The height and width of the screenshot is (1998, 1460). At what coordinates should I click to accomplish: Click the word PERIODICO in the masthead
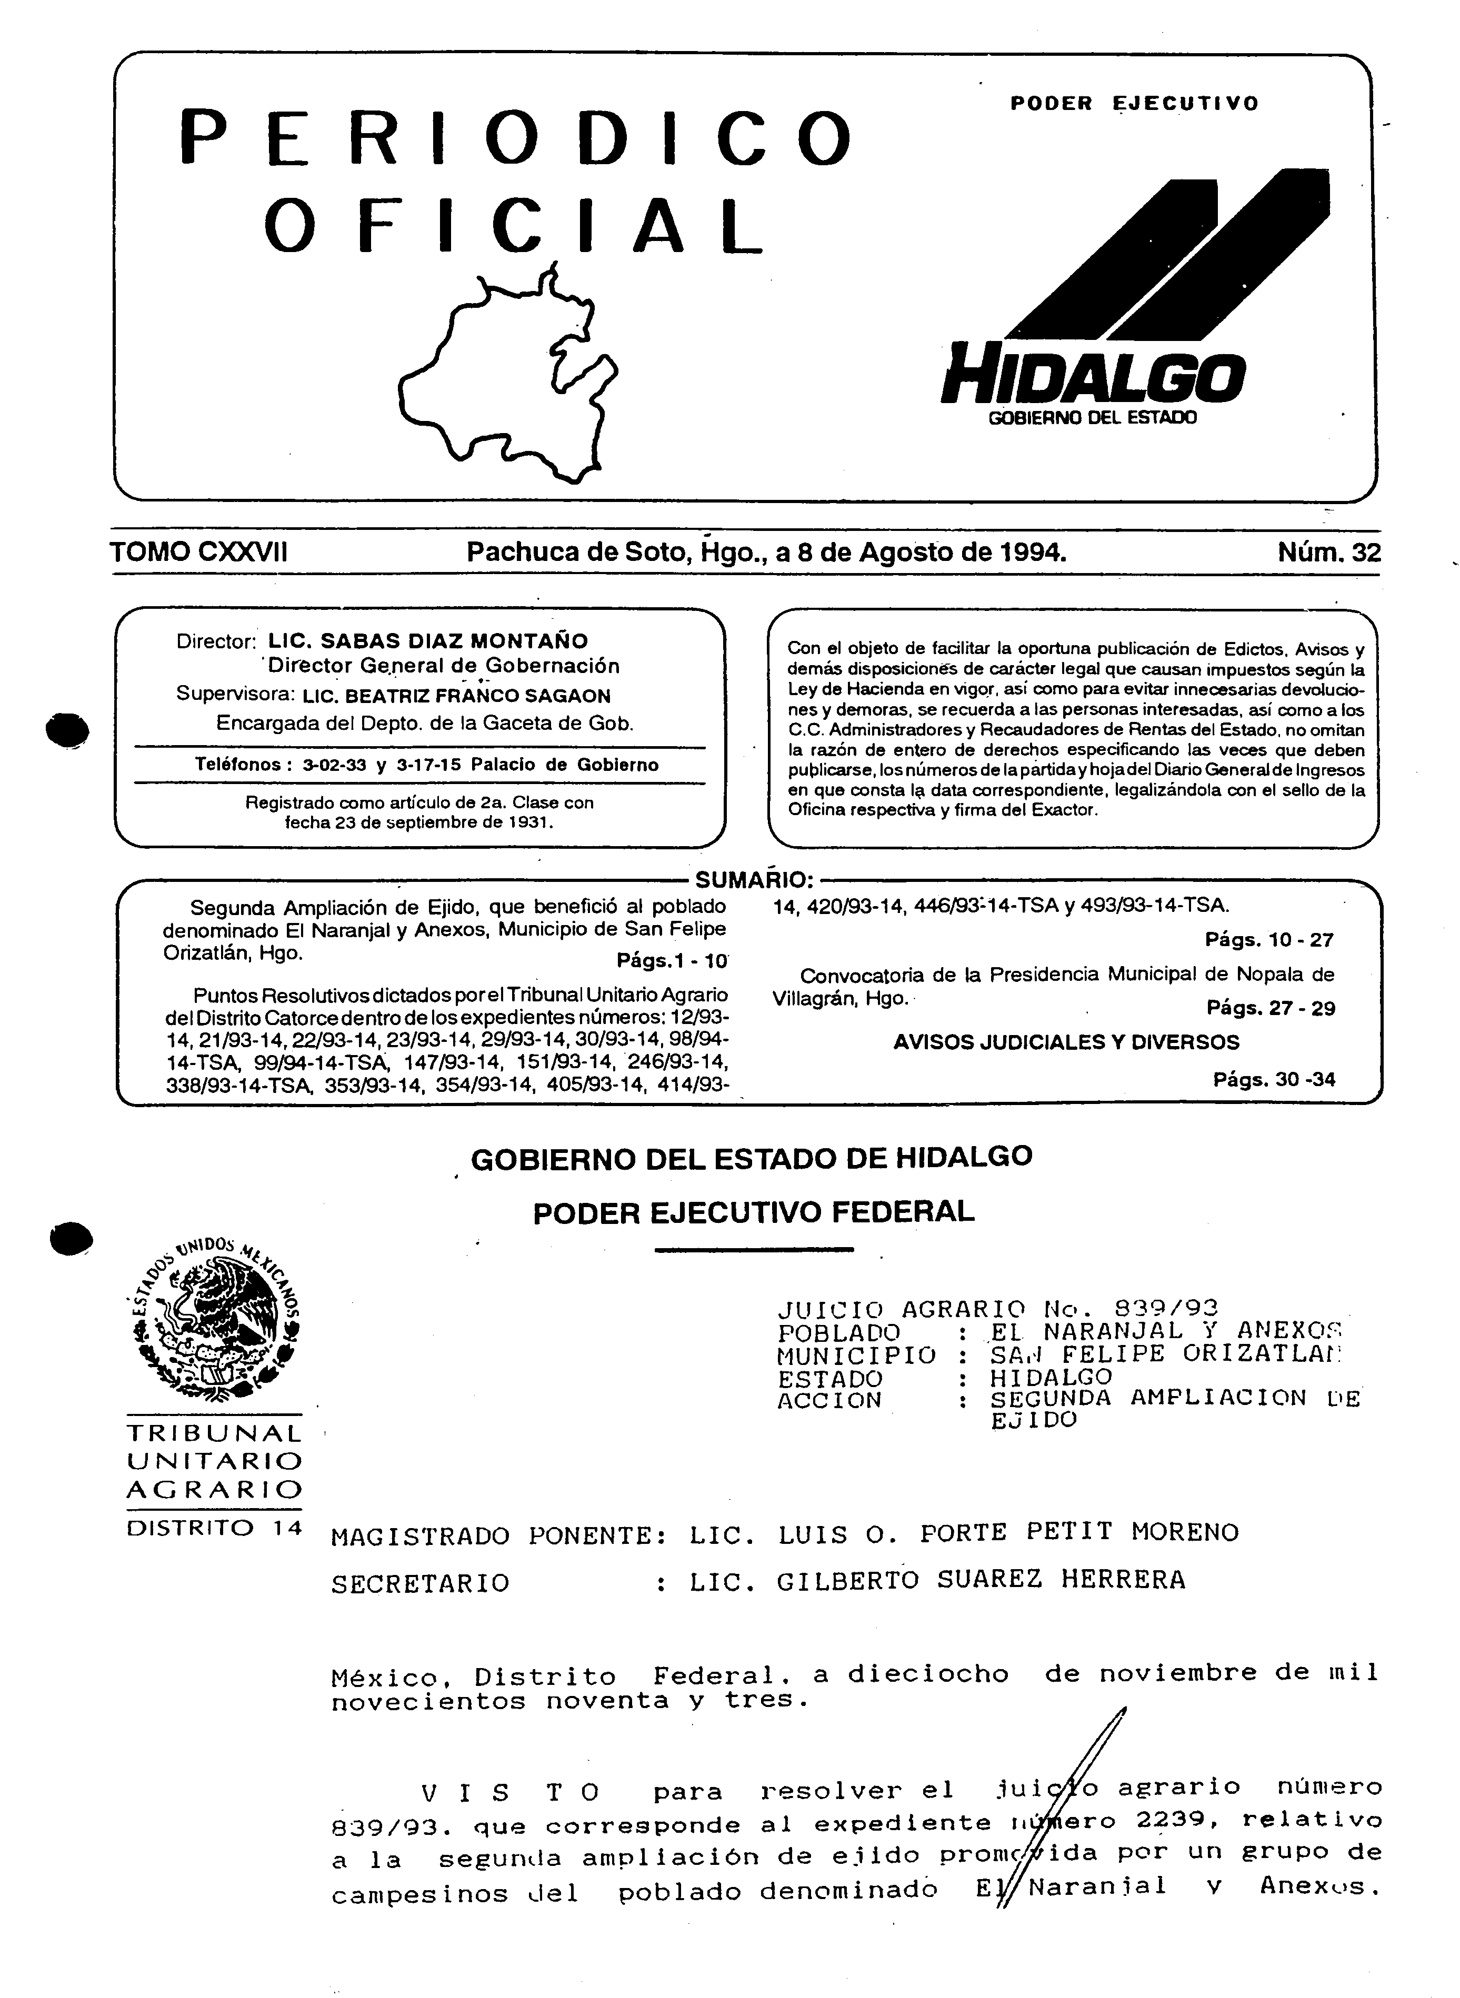[x=517, y=138]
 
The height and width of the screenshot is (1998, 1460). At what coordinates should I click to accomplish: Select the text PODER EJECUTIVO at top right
[x=1134, y=103]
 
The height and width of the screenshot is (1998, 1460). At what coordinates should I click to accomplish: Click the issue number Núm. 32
[x=1328, y=553]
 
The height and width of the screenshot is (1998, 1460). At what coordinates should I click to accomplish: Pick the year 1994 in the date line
[x=1031, y=553]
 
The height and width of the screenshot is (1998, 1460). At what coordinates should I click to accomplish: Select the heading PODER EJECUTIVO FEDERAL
[x=753, y=1211]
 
